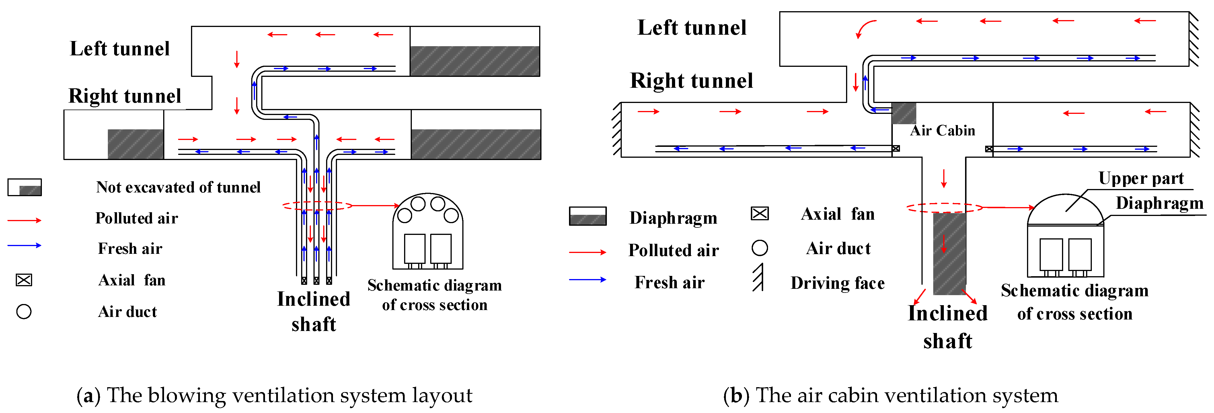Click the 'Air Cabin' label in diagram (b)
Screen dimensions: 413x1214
pyautogui.click(x=942, y=130)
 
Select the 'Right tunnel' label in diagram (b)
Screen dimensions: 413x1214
pyautogui.click(x=691, y=81)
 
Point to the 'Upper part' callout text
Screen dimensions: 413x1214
pyautogui.click(x=1141, y=178)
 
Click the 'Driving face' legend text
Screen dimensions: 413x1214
pyautogui.click(x=837, y=283)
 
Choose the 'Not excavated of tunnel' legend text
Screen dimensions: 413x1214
pyautogui.click(x=178, y=187)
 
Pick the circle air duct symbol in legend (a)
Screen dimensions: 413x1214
pyautogui.click(x=24, y=312)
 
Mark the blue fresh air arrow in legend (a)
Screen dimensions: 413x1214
pyautogui.click(x=24, y=245)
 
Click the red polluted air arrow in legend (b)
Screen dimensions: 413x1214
pyautogui.click(x=587, y=252)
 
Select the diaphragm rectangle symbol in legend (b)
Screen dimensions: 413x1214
pyautogui.click(x=588, y=216)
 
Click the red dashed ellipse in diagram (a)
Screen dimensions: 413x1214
pyautogui.click(x=317, y=206)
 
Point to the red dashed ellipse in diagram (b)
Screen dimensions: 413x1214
pyautogui.click(x=944, y=207)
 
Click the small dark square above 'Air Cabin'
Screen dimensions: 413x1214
pyautogui.click(x=903, y=113)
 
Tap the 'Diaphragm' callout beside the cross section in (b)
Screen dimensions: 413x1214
pyautogui.click(x=1159, y=203)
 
